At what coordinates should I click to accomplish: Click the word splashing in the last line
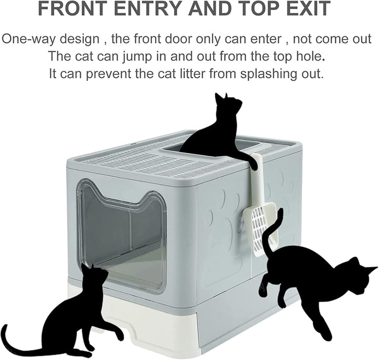pyautogui.click(x=271, y=73)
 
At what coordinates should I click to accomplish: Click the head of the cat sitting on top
pyautogui.click(x=227, y=103)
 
